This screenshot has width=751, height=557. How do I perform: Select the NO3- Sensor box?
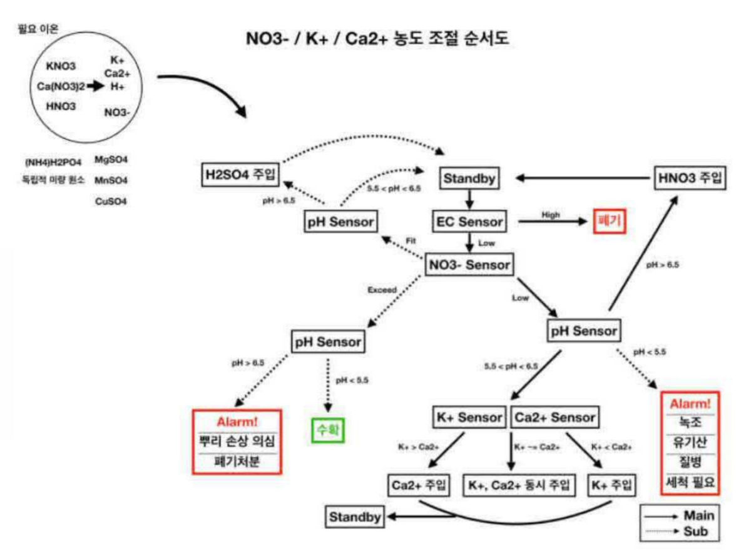pos(469,264)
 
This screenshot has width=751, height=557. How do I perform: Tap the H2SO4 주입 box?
pos(237,173)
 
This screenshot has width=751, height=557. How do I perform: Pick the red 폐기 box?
pos(609,221)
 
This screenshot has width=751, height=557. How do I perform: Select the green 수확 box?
pos(329,429)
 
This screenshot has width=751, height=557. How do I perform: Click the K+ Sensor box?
pos(469,417)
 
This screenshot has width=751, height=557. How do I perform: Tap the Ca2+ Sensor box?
pos(555,417)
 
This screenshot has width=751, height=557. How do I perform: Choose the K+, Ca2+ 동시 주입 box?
pos(519,485)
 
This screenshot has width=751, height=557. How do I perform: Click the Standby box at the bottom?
pos(355,517)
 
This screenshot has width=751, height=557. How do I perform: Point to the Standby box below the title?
pos(470,179)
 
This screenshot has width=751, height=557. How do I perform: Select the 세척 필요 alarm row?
pos(691,482)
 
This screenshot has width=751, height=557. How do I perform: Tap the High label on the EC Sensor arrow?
pos(550,214)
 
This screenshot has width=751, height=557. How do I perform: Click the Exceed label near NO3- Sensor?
pos(381,290)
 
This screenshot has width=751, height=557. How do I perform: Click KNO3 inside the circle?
pos(61,66)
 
